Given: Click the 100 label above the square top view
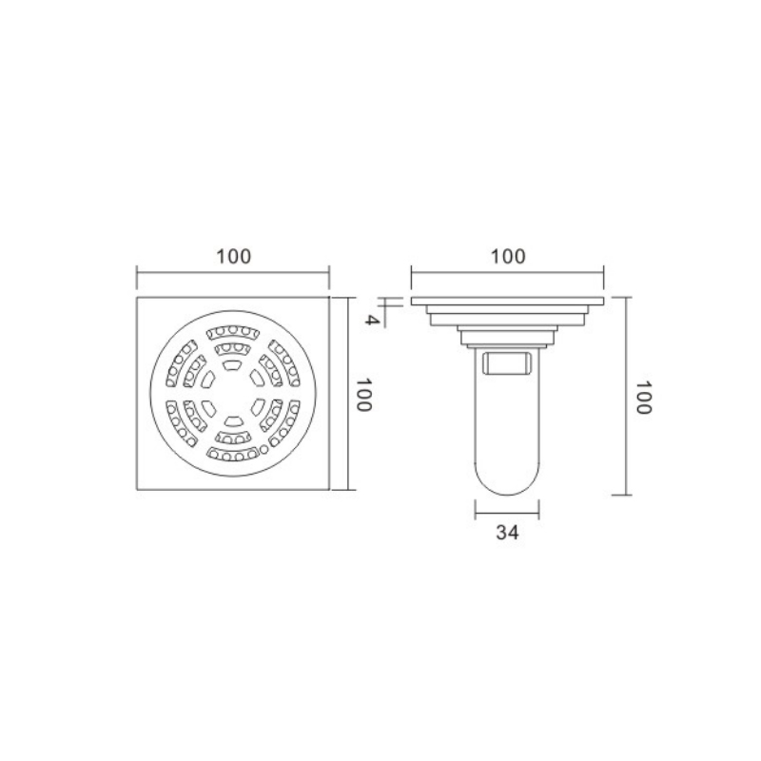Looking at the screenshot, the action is [x=233, y=256].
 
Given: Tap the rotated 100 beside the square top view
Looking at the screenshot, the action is [x=364, y=394].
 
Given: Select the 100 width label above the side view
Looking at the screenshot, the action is [x=508, y=256].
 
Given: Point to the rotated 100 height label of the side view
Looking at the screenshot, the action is [x=644, y=397].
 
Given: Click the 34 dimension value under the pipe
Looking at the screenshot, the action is [x=507, y=533].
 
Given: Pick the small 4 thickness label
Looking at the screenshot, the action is [x=372, y=320].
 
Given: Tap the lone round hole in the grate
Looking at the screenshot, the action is [x=263, y=449].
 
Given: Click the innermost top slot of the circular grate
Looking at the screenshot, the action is [x=233, y=365].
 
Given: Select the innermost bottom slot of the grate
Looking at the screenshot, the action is [x=233, y=421].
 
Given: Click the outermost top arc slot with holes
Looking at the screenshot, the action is [x=233, y=332].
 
